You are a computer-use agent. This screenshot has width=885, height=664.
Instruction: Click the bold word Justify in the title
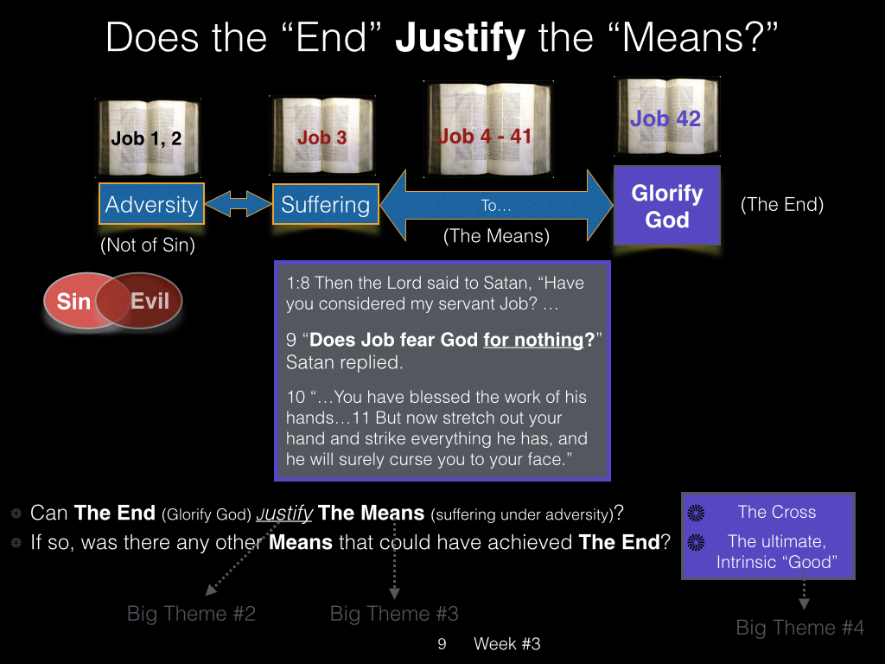[460, 38]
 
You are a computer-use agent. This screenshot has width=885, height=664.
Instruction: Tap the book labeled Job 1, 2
[148, 137]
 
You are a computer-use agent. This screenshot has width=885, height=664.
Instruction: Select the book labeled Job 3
[323, 135]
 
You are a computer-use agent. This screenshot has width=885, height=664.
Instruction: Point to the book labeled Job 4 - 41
[487, 130]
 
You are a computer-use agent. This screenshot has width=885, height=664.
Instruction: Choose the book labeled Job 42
[667, 117]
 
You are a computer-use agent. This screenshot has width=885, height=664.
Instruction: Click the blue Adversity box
[151, 204]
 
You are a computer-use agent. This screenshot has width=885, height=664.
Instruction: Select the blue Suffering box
[326, 204]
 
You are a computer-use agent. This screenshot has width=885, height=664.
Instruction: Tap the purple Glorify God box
[667, 206]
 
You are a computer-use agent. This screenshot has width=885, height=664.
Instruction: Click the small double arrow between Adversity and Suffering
[239, 204]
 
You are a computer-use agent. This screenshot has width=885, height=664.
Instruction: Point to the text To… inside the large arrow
[496, 206]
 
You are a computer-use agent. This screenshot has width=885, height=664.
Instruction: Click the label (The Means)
[496, 236]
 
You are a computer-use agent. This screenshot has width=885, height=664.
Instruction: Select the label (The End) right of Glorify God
[781, 204]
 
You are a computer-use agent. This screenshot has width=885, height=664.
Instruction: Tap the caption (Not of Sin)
[148, 245]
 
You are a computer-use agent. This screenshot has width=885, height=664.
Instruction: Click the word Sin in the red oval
[74, 302]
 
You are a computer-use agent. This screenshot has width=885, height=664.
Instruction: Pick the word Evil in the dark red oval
[150, 301]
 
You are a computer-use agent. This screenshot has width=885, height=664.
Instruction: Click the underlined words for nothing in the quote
[533, 340]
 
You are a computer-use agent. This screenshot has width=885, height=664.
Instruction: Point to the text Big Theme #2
[191, 614]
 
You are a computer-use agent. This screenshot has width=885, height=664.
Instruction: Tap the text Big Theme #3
[394, 614]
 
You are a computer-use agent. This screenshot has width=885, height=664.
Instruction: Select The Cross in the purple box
[777, 512]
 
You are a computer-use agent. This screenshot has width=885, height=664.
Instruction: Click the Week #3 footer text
[506, 643]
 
